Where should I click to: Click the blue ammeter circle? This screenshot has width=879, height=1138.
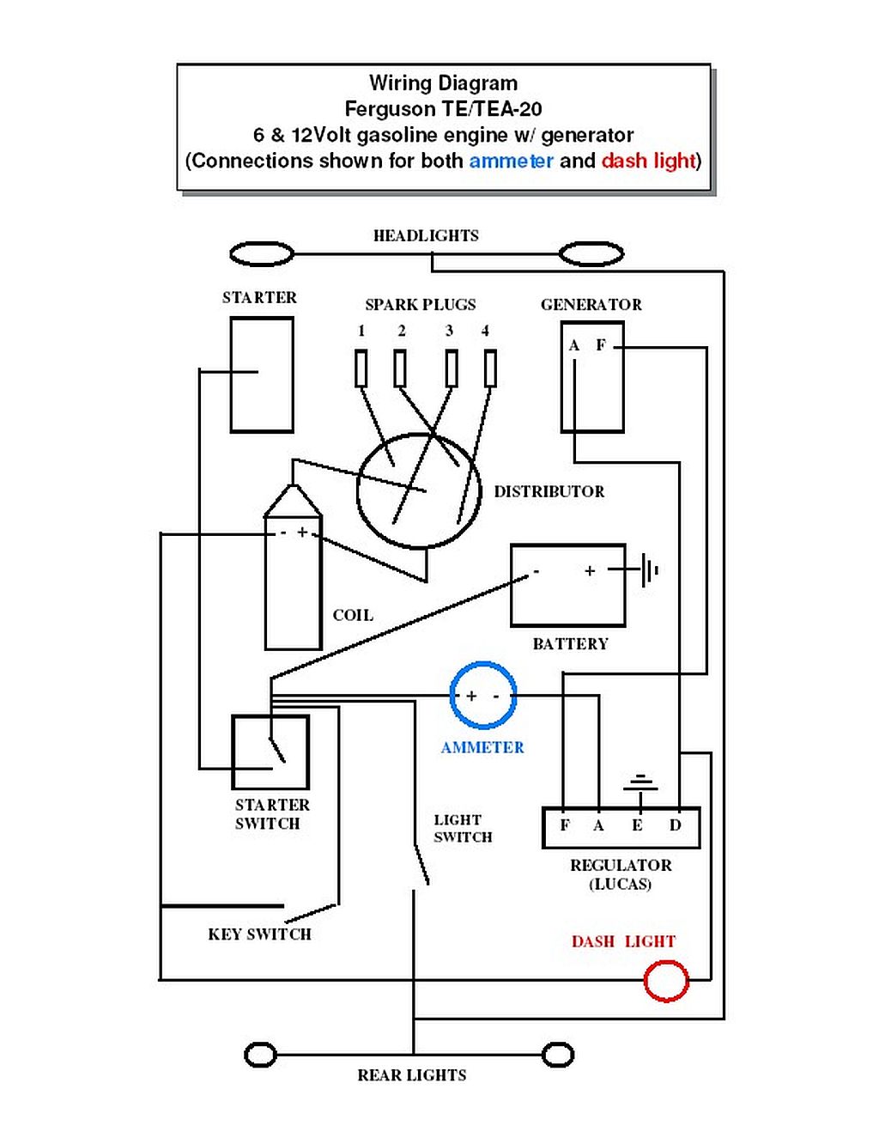(483, 695)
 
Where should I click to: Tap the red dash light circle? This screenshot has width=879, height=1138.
(666, 980)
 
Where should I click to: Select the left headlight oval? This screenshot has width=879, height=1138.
(262, 254)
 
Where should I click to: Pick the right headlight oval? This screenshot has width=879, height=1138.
(591, 254)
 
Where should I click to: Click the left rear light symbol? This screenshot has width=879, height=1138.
(260, 1055)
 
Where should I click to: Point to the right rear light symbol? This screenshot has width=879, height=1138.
(558, 1055)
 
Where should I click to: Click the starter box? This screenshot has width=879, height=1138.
(262, 374)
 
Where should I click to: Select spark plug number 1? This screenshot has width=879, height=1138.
(361, 368)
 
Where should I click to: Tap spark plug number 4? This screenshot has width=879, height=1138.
(490, 368)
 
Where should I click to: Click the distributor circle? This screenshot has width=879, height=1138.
(418, 490)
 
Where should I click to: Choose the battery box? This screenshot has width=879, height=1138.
(567, 585)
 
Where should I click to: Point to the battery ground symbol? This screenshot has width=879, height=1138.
(649, 569)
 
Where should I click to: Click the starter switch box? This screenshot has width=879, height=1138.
(270, 752)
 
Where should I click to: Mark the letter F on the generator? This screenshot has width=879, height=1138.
(601, 345)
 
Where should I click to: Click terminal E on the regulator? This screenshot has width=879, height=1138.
(637, 825)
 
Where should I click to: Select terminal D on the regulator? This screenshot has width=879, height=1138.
(676, 825)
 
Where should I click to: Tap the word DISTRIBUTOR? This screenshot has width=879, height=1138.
(549, 491)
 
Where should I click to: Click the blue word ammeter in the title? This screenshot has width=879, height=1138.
(511, 161)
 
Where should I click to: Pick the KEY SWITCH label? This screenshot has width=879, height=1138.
(259, 934)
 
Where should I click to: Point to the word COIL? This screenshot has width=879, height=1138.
(353, 615)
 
